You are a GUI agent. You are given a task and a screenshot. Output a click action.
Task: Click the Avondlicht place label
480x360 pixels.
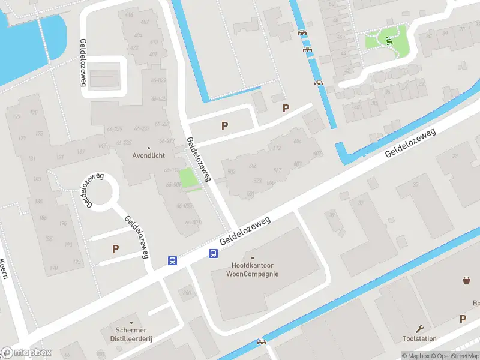149,155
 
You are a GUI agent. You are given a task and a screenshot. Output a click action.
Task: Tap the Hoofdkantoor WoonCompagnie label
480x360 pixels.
252,269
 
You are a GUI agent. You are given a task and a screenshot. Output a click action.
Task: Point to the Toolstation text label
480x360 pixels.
419,338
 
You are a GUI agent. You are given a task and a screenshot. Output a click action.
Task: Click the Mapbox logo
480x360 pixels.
27,352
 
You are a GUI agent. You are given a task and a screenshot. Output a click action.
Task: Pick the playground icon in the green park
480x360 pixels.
389,41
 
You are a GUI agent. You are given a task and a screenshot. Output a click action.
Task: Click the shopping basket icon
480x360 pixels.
466,280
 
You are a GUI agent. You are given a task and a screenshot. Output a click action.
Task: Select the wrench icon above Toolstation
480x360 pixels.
419,328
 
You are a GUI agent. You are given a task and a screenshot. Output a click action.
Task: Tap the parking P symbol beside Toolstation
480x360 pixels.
463,319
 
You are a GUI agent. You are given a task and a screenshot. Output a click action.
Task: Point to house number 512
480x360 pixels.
277,148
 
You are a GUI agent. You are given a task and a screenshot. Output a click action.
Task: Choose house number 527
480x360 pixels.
277,170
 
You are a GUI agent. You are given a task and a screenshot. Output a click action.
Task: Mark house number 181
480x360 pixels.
31,159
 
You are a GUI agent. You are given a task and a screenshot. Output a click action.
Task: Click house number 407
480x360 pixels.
145,22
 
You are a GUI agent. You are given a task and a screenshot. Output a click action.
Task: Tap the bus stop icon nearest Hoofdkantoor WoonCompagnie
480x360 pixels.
213,254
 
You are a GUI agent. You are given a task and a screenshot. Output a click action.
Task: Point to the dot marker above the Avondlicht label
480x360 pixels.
149,147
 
